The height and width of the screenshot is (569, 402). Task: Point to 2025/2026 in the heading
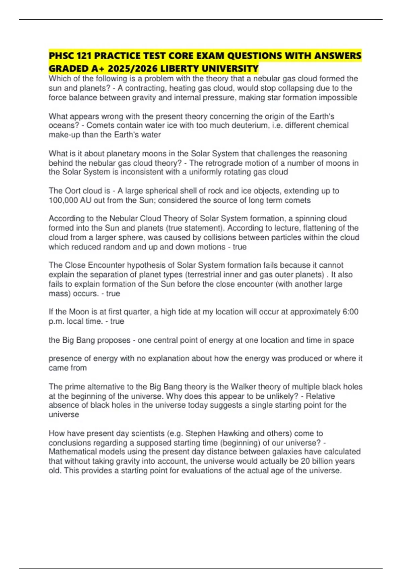tap(133, 69)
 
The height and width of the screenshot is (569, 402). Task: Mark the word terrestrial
tap(208, 274)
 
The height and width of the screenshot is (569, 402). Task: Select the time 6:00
tap(350, 312)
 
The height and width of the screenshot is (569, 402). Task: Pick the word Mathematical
tap(69, 452)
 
